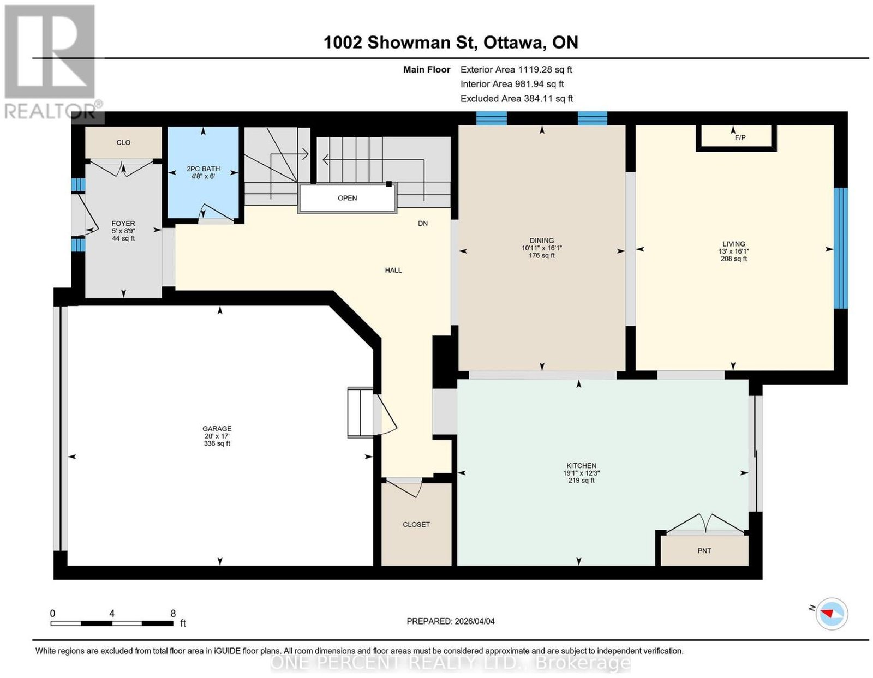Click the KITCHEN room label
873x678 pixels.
point(581,465)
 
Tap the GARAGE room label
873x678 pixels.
point(217,428)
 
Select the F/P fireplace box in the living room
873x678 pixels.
point(736,138)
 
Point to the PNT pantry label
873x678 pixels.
point(704,551)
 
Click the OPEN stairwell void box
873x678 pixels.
point(347,197)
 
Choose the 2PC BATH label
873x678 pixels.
point(204,169)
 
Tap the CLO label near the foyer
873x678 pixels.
point(123,142)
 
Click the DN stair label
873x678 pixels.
point(423,223)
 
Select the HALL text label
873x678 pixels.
point(393,270)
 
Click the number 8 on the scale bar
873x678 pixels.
point(173,614)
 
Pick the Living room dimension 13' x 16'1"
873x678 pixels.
point(734,251)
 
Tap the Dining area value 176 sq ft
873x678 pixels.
point(542,255)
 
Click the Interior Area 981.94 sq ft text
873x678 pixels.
point(512,84)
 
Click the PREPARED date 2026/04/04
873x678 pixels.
point(475,621)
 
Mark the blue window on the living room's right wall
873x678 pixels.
point(840,248)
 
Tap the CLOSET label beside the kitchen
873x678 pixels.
point(416,524)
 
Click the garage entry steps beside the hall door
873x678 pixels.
point(360,412)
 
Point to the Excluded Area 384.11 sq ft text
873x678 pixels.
point(516,98)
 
